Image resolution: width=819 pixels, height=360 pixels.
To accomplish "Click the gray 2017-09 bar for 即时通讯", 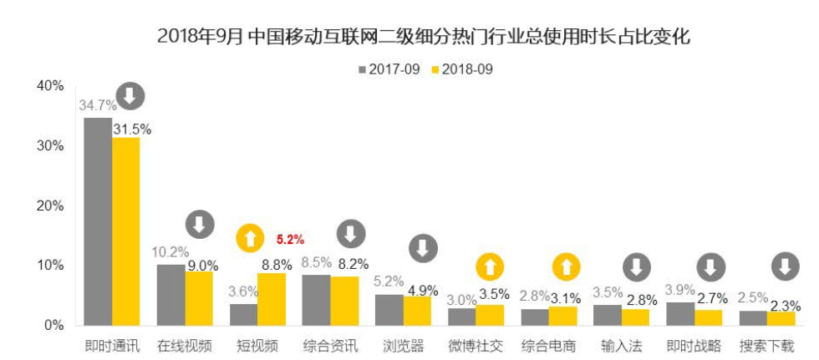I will point(98,221).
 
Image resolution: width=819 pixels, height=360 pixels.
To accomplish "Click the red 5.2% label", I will point(291,240).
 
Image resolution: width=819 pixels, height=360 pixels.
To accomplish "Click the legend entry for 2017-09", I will point(389,69).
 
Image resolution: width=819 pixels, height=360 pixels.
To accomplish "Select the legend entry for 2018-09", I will point(461,69).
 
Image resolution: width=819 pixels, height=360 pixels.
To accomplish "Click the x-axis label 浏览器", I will point(403,344).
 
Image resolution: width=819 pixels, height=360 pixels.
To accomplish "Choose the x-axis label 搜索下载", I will point(766,344).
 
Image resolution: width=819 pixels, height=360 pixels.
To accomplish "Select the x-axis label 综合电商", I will point(548,344).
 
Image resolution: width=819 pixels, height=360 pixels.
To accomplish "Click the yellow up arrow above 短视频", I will point(249,239).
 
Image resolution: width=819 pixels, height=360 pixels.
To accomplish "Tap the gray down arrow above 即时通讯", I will point(130,97).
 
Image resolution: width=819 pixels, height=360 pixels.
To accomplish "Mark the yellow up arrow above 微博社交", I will point(491,267).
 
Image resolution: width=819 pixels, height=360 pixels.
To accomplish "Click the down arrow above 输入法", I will point(637,267).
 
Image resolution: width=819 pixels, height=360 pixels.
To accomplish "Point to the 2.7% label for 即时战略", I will point(710,298).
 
